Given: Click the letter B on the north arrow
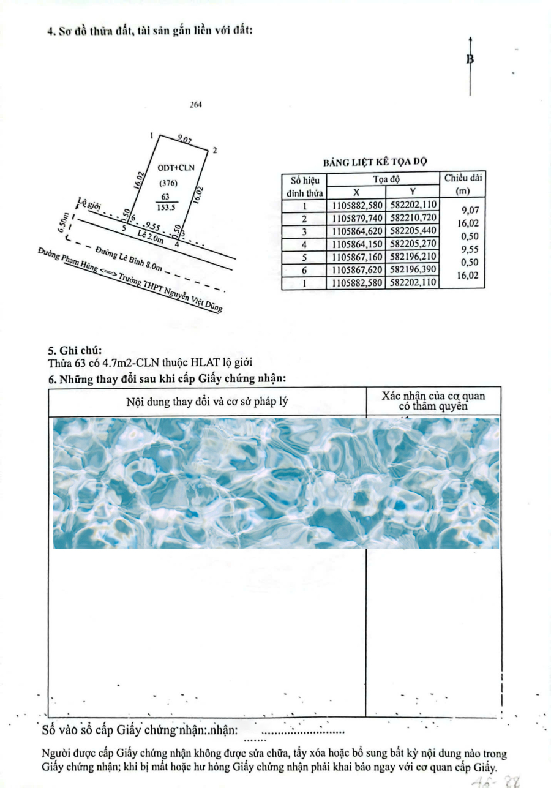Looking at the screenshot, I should [x=470, y=59].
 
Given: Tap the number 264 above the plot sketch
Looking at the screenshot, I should [x=196, y=105].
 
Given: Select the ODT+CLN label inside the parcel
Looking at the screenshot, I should [x=174, y=167].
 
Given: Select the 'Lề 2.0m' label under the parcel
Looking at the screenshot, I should [x=150, y=237].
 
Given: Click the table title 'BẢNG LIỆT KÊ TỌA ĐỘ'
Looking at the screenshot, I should [x=375, y=162].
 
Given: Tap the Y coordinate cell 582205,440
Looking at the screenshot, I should [x=413, y=231].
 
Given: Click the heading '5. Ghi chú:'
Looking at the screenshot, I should [x=75, y=351].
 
